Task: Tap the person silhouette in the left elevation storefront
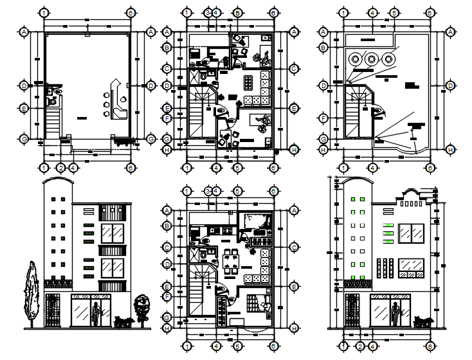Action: tap(96, 313)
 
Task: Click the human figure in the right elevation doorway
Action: tap(395, 315)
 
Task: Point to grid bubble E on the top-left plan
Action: tap(24, 109)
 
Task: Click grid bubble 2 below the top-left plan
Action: tap(60, 168)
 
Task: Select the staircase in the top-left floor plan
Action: tap(53, 122)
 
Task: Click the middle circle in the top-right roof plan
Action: tap(372, 59)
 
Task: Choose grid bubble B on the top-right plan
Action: tap(324, 46)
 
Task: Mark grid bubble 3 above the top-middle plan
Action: tap(208, 12)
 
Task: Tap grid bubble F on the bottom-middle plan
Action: tap(167, 297)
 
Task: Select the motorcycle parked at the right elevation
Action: tap(422, 321)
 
